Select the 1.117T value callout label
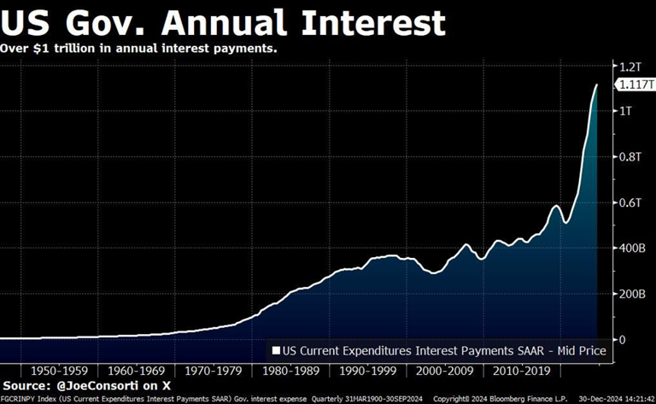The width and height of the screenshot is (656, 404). (632, 84)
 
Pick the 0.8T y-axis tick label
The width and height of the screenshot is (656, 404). (629, 157)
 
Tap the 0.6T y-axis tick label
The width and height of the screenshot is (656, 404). (629, 202)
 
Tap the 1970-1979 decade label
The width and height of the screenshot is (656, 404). (208, 372)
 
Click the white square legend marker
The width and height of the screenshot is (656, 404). (276, 350)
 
